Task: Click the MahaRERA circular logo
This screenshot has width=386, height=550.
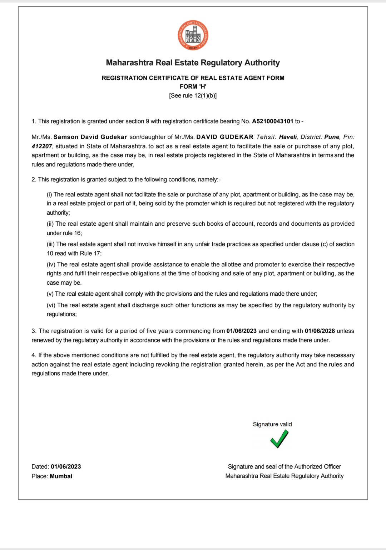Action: tap(193, 35)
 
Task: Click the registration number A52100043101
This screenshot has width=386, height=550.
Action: tap(272, 121)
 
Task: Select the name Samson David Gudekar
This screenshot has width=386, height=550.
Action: tap(90, 137)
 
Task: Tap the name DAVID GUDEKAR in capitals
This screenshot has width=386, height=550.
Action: tap(225, 137)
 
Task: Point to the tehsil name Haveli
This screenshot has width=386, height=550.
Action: tap(288, 137)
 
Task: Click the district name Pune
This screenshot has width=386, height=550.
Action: tap(332, 137)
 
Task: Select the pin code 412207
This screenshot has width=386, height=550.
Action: tap(42, 146)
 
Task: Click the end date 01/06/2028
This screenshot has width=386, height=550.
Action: tap(320, 331)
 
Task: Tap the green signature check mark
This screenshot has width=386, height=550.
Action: tap(279, 439)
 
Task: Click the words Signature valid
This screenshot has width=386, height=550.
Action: tap(272, 424)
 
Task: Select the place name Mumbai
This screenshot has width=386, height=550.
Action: tap(61, 476)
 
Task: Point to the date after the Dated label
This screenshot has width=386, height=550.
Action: tap(66, 467)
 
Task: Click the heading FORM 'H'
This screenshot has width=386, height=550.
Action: tap(193, 87)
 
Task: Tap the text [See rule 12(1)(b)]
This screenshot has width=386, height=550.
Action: tap(193, 96)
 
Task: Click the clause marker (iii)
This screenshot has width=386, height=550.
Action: tap(51, 244)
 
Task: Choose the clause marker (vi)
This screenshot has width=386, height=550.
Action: tap(51, 305)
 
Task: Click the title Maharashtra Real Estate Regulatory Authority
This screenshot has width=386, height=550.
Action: tap(193, 63)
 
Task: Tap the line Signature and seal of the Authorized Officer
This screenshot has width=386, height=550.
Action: tap(284, 467)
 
